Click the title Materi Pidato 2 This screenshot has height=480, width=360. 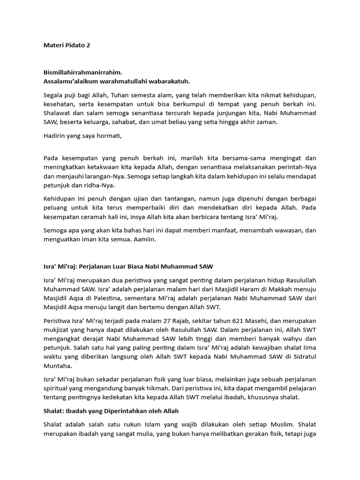[x=67, y=45]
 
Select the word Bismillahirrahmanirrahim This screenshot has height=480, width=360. [x=82, y=72]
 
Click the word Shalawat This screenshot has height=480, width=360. [x=57, y=113]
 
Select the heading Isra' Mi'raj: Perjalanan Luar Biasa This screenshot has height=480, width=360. [x=128, y=266]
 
